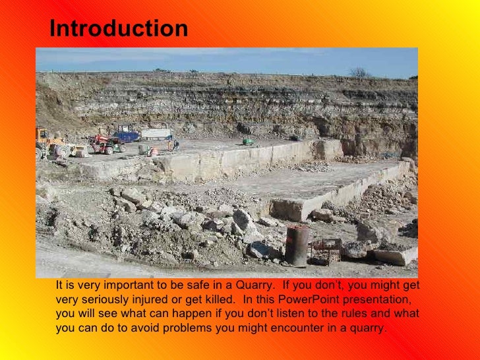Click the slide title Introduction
coord(119,29)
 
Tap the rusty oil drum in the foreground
coord(297,246)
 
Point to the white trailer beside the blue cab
coord(157,134)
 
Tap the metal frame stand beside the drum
coord(326,249)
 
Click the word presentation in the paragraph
coord(382,300)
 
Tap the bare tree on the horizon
coord(359,72)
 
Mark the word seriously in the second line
coord(106,300)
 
